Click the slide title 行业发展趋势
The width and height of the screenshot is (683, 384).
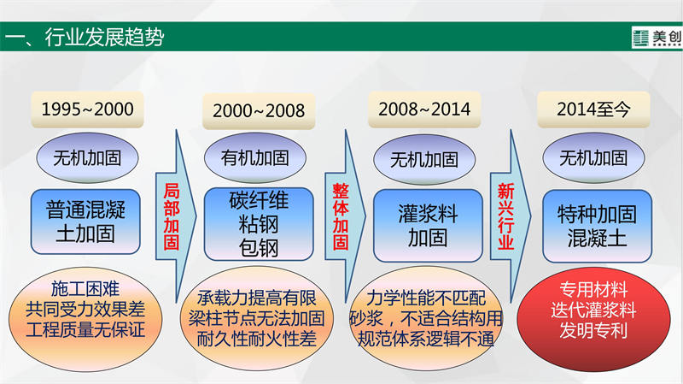(x=104, y=37)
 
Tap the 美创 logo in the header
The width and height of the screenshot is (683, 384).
(x=657, y=38)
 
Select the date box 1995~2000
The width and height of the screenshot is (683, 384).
(x=87, y=109)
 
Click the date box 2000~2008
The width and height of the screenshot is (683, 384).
(x=259, y=111)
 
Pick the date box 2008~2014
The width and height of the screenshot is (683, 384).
(x=424, y=109)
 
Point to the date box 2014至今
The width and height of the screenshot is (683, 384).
(x=593, y=109)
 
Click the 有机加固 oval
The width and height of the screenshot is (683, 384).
(x=255, y=158)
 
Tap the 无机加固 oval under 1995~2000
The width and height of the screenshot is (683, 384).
(x=87, y=158)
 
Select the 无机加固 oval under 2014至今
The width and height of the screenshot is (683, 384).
(x=593, y=158)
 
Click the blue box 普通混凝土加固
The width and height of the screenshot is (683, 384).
(x=85, y=222)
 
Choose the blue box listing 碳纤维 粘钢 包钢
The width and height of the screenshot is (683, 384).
(x=259, y=224)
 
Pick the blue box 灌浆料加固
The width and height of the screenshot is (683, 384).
(x=428, y=226)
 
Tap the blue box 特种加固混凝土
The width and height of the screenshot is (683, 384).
(x=597, y=226)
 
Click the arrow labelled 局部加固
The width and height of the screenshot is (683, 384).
(x=176, y=216)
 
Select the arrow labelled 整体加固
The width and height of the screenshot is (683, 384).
(x=345, y=216)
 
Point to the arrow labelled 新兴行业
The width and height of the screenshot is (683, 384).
(x=511, y=216)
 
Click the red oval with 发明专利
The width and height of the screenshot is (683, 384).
(x=593, y=319)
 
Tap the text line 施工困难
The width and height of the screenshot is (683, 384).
(x=85, y=289)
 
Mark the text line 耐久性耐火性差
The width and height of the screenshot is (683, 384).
(x=257, y=339)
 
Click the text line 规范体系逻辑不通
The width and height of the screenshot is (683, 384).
(x=425, y=339)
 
